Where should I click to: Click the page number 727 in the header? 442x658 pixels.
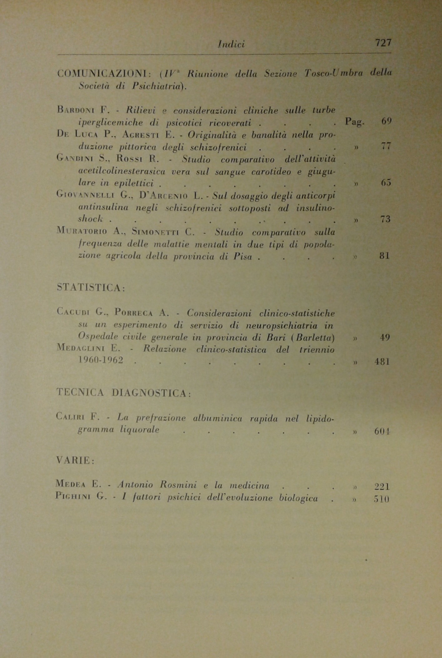click(383, 43)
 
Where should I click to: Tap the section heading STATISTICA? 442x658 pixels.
click(91, 288)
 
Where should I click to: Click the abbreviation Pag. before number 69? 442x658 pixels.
click(355, 122)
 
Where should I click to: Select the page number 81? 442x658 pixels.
click(385, 256)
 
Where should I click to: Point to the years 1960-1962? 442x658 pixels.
click(101, 360)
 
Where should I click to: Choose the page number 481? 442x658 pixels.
click(382, 362)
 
